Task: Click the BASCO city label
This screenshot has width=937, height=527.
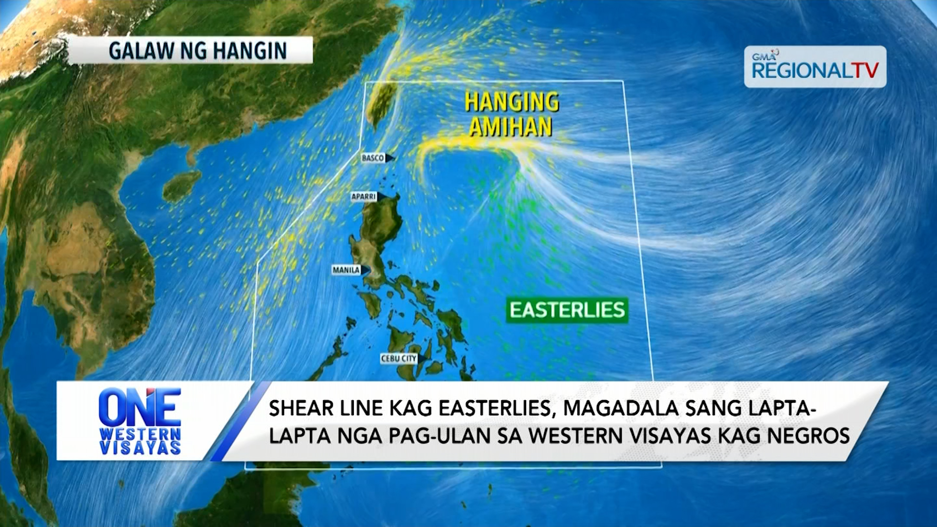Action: point(373,158)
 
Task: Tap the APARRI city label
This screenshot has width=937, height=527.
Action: point(364,197)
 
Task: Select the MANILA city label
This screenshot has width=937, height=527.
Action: point(346,270)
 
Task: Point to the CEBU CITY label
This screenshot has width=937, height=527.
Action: point(399,359)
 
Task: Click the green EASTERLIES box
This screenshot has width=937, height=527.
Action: point(567,310)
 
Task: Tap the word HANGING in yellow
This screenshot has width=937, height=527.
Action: point(511,102)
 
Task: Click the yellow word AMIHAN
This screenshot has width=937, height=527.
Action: point(510,127)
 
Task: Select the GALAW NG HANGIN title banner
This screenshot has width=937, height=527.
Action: point(190,50)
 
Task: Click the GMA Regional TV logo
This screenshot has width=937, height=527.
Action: point(815,67)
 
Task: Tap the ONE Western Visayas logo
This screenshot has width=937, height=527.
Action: point(140,421)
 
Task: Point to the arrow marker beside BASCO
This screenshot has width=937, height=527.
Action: point(390,158)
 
